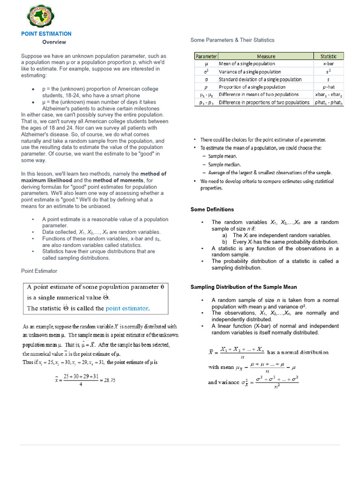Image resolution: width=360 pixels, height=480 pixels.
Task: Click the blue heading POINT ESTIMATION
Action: click(46, 34)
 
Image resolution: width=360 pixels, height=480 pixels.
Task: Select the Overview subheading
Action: click(54, 42)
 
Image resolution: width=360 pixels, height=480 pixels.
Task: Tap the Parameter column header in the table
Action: click(206, 56)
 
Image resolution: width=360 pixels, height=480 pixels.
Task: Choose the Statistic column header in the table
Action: click(328, 56)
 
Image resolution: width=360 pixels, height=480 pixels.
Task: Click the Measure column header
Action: click(266, 56)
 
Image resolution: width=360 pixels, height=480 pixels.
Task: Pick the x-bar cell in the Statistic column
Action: click(328, 64)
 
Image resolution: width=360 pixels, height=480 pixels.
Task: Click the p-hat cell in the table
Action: click(328, 87)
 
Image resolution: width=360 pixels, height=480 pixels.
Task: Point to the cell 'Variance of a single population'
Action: click(250, 72)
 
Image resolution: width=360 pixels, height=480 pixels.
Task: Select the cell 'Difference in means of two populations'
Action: click(258, 95)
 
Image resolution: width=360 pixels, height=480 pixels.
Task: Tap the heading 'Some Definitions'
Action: click(212, 210)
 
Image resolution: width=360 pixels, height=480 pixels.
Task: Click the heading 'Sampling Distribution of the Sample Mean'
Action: click(243, 287)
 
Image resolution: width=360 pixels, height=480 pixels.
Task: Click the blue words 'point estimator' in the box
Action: click(127, 308)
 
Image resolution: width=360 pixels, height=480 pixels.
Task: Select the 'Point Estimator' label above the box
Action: click(39, 271)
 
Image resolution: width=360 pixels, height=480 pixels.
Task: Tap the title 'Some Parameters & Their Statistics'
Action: click(232, 40)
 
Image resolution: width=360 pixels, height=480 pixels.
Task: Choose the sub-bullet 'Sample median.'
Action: click(225, 165)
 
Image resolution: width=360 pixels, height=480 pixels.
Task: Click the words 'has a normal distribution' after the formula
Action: click(298, 352)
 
